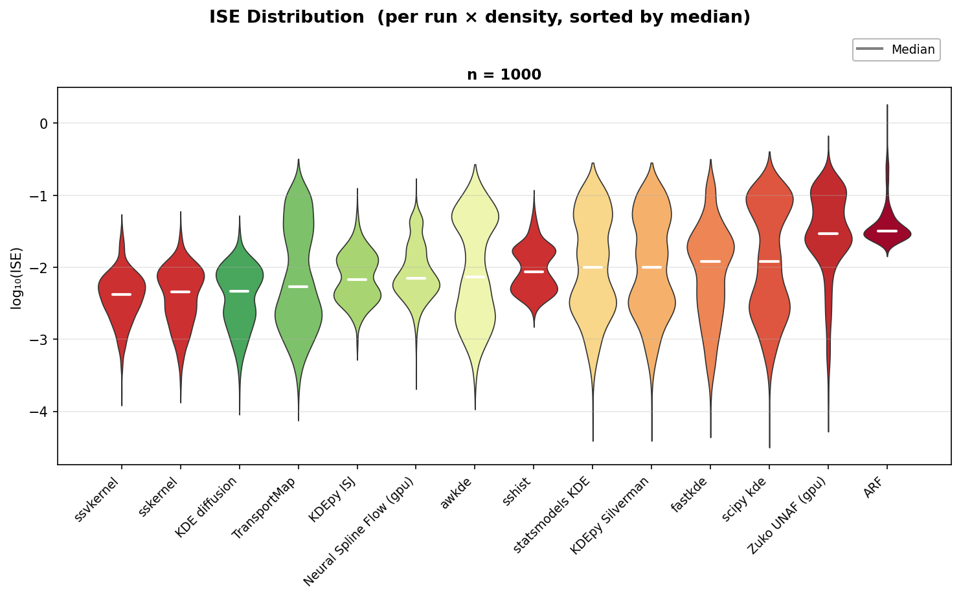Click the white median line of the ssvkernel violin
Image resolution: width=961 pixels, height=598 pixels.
click(x=122, y=294)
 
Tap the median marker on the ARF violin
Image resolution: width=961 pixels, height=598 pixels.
click(x=887, y=231)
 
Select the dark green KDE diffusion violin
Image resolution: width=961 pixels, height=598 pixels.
click(x=240, y=311)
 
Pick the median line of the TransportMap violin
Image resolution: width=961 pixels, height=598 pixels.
click(x=298, y=286)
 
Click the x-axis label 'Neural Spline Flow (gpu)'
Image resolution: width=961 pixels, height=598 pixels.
click(x=360, y=531)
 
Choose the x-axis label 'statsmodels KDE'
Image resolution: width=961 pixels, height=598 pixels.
click(x=552, y=514)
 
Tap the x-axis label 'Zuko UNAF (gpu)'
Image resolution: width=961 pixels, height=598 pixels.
click(x=786, y=515)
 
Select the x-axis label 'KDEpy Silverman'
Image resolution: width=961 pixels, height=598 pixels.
click(x=610, y=515)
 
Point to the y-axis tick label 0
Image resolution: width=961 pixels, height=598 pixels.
click(x=44, y=123)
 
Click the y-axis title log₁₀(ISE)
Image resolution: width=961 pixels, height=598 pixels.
click(x=17, y=278)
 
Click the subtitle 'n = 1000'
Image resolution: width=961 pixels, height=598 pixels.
click(x=504, y=74)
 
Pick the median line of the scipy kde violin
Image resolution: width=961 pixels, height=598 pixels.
click(x=769, y=261)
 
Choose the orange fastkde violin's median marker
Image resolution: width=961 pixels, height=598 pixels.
click(x=710, y=261)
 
